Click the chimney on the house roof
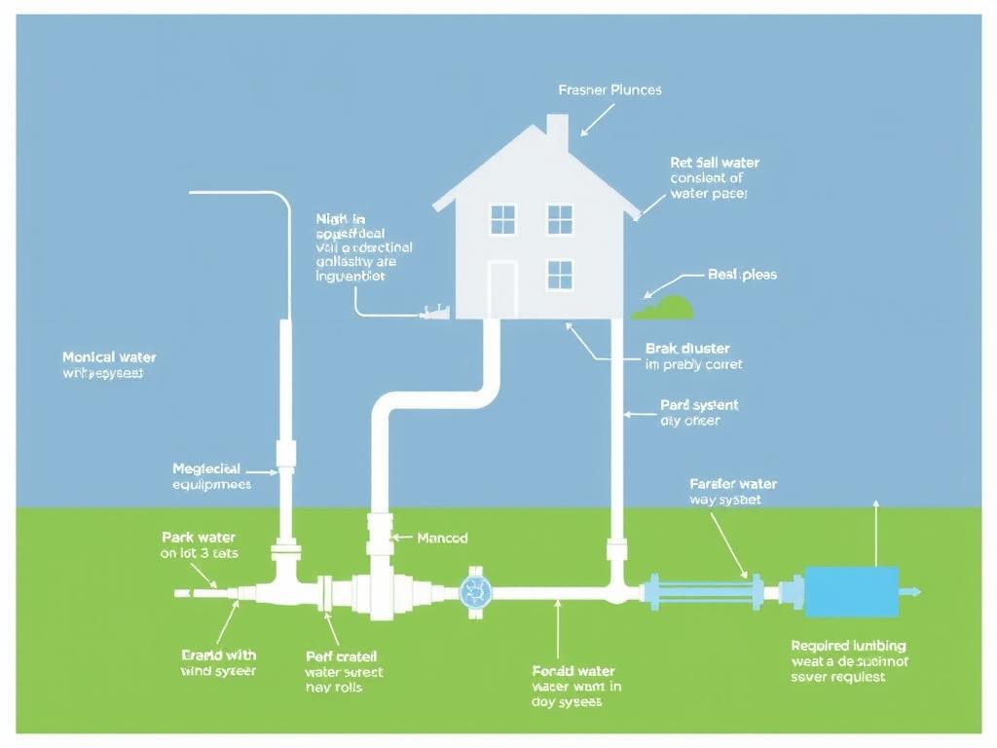557,132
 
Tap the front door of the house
501,288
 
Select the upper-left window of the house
502,219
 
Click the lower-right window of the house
560,274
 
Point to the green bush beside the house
665,308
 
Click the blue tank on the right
852,591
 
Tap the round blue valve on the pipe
475,590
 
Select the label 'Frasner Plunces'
609,90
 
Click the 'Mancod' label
442,538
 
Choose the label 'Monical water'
109,357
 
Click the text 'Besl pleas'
742,275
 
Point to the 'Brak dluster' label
687,348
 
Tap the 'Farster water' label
732,483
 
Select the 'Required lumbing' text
848,645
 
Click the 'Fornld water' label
573,670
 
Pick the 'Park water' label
198,537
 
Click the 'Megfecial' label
205,468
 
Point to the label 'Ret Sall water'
714,163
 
